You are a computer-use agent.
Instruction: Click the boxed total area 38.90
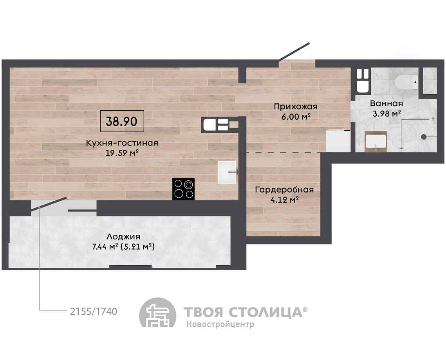(x=122, y=121)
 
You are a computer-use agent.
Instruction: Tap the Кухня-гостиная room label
(x=122, y=143)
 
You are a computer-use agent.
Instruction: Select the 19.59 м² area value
(x=122, y=153)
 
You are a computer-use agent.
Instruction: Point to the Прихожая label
(x=296, y=106)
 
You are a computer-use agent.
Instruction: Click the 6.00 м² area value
(x=296, y=117)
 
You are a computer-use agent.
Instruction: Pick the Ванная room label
(x=386, y=103)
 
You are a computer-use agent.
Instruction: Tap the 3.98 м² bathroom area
(x=386, y=113)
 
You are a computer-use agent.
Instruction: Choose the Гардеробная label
(x=284, y=189)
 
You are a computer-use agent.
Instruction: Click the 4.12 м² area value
(x=284, y=200)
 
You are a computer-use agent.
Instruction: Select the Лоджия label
(x=123, y=236)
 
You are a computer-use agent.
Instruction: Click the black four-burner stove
(x=184, y=189)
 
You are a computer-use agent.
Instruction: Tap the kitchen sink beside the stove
(x=227, y=172)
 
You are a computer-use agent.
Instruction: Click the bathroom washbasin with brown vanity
(x=376, y=142)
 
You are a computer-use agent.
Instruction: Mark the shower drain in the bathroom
(x=424, y=137)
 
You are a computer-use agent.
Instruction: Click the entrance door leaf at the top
(x=294, y=51)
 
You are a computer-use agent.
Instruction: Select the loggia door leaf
(x=49, y=204)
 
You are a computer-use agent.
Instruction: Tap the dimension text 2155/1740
(x=94, y=311)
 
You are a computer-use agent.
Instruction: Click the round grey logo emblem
(x=157, y=312)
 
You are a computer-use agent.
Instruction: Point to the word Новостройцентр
(x=220, y=324)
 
